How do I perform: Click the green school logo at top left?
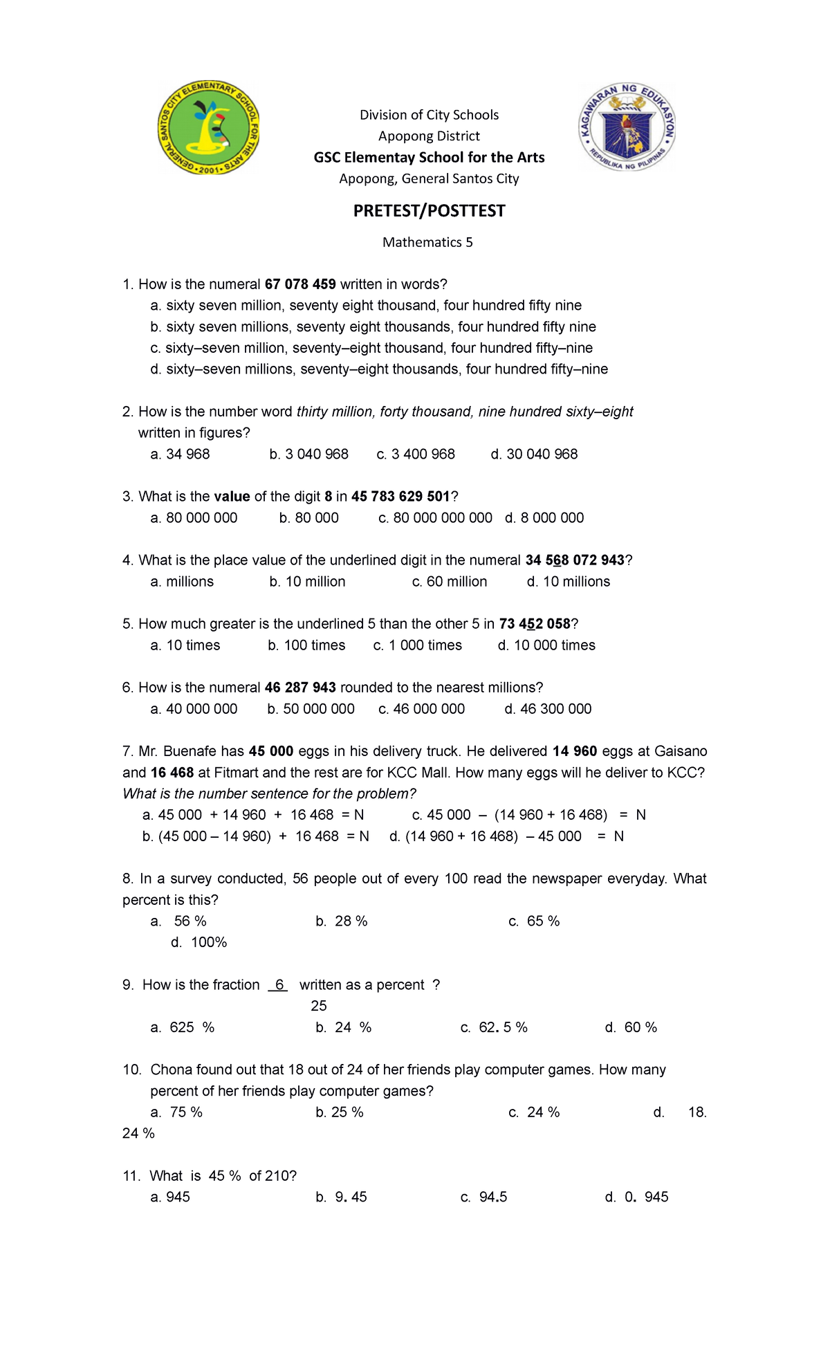(208, 128)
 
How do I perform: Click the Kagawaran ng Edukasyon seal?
(627, 128)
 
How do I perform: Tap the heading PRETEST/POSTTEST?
(429, 211)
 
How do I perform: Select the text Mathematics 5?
(427, 242)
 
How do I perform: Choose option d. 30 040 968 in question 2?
(534, 454)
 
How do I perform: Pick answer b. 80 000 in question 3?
(309, 518)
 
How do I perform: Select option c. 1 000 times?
(418, 645)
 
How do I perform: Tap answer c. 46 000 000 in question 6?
(422, 709)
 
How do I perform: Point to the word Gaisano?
(681, 751)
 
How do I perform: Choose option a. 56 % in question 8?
(179, 921)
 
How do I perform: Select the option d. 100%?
(199, 943)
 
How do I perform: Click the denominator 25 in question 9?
(319, 1006)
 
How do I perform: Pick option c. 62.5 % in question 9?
(494, 1028)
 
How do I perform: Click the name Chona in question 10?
(171, 1070)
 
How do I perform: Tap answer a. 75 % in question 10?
(177, 1112)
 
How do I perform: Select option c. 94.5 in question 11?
(484, 1197)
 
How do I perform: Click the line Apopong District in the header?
(429, 136)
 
